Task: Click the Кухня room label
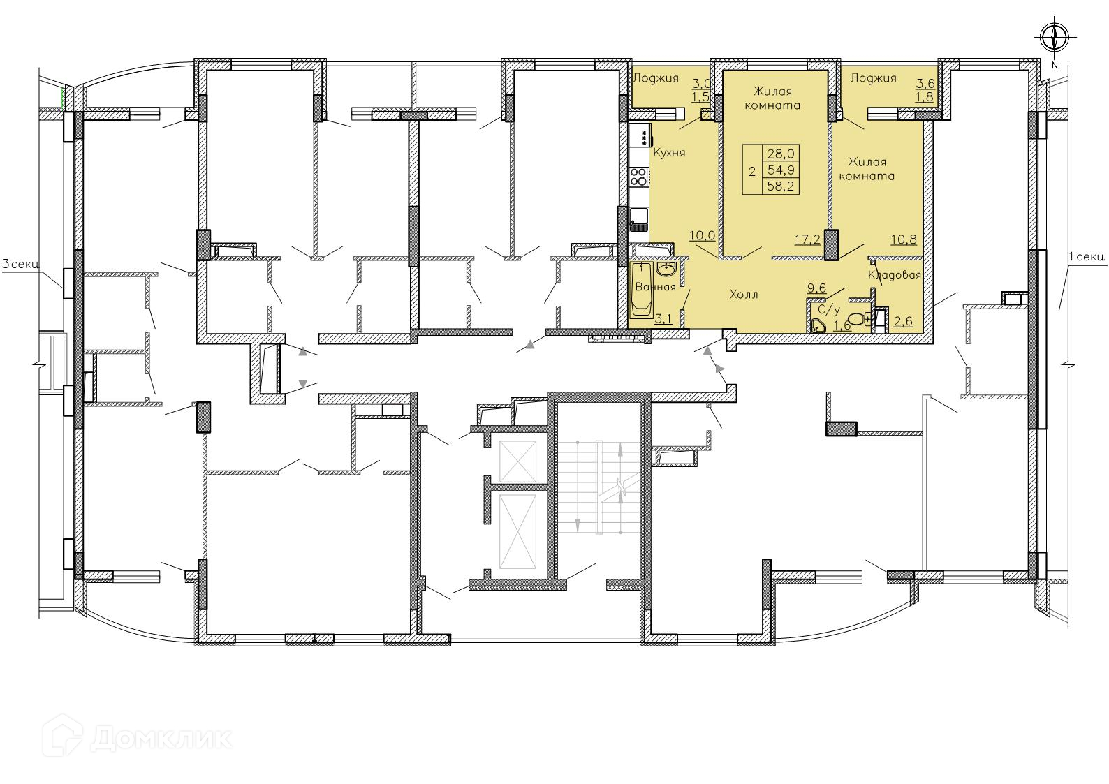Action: [669, 152]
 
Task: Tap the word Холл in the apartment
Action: [744, 295]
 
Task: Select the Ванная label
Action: [655, 287]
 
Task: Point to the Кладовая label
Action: [894, 275]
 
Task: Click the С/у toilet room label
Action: [829, 311]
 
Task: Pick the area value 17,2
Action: [807, 240]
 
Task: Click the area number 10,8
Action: [904, 240]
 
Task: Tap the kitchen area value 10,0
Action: [702, 235]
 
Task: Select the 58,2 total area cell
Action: [780, 186]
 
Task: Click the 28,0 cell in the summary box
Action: [780, 154]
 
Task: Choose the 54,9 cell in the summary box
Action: [780, 170]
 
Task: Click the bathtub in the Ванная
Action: [642, 289]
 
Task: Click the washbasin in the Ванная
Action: [666, 269]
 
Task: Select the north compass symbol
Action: [1055, 38]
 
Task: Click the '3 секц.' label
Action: [21, 264]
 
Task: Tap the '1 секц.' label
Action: [1087, 257]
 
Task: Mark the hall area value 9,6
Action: [816, 288]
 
